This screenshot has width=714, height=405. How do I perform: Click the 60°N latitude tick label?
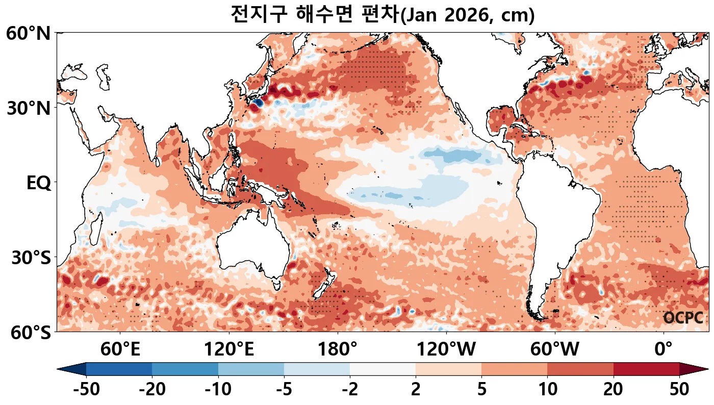(29, 34)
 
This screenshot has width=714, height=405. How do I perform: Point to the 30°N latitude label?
(29, 109)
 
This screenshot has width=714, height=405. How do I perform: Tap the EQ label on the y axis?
(39, 183)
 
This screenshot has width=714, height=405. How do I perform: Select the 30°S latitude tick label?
(31, 258)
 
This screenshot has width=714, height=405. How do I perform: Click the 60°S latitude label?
(29, 333)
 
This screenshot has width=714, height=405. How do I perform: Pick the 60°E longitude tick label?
(120, 350)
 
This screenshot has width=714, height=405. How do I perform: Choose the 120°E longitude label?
(229, 350)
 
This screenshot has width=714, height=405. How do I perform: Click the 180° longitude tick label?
(338, 350)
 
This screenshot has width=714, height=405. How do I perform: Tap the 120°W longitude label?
(446, 350)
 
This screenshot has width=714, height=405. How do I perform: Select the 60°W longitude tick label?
(555, 350)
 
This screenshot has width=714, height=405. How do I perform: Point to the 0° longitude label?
(664, 350)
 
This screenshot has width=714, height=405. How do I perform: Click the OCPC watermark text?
(683, 318)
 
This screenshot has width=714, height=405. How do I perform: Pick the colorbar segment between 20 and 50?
(646, 369)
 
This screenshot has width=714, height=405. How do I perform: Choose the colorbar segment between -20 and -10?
(185, 369)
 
